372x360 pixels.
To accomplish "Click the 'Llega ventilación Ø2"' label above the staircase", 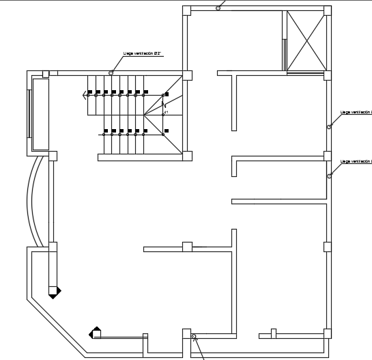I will (143, 52).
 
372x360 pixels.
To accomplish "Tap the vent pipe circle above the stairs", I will (111, 72).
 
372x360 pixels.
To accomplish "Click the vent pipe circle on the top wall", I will (218, 8).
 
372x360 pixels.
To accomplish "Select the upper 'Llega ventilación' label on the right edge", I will (356, 112).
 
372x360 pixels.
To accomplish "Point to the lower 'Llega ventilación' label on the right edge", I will (356, 161).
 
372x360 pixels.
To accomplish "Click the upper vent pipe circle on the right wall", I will (329, 126).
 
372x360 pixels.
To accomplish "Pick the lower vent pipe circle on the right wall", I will (329, 176).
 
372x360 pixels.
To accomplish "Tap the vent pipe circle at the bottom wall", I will (194, 337).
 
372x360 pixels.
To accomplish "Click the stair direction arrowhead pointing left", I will (86, 96).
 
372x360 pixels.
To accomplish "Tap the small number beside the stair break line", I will (166, 113).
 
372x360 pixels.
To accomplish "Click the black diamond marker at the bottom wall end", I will (94, 333).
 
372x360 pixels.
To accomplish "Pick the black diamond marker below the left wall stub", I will (55, 291).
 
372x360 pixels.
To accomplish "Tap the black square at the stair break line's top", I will (167, 94).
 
